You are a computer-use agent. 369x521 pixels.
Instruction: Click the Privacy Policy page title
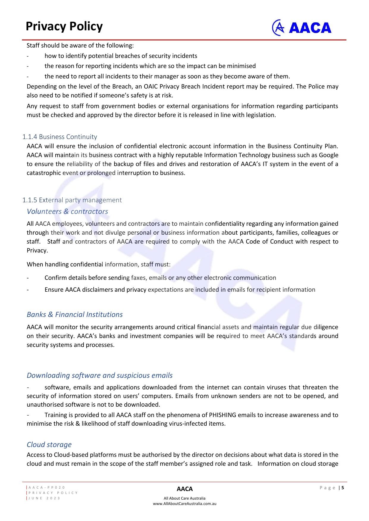point(64,26)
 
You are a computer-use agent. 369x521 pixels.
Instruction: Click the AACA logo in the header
point(302,28)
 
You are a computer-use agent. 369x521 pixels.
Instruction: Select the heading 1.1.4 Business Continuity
point(60,137)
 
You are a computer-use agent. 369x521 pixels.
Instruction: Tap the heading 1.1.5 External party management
point(72,200)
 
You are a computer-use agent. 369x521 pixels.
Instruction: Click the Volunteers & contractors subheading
point(67,211)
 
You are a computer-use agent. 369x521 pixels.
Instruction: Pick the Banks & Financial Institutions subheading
point(75,314)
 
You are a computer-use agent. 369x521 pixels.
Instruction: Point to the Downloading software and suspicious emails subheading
point(100,375)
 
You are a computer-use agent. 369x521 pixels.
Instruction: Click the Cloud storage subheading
point(49,444)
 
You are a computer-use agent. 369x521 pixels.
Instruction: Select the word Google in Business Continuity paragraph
point(329,155)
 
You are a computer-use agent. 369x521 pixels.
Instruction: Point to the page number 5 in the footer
point(343,487)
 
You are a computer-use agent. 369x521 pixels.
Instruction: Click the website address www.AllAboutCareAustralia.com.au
point(185,503)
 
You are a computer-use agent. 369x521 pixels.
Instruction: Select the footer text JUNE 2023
point(44,498)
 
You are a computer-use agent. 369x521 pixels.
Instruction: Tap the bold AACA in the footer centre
point(185,489)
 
